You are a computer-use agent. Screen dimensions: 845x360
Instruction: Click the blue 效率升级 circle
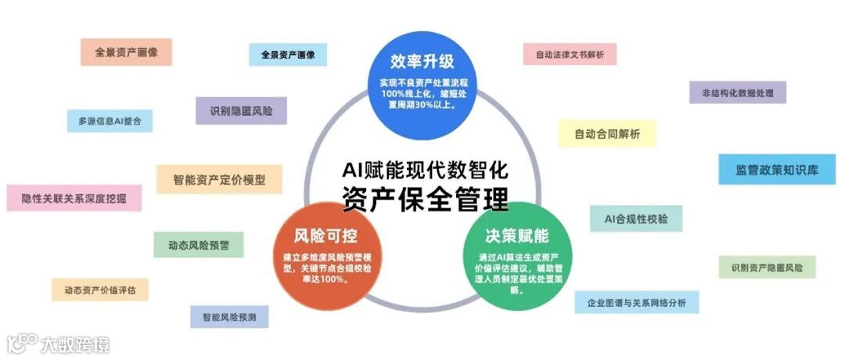coord(422,83)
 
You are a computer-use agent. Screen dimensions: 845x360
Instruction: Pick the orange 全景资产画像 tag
coord(126,52)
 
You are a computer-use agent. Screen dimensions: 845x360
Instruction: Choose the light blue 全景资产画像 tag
coord(288,55)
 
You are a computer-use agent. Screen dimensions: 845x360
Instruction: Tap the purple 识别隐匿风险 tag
coord(241,110)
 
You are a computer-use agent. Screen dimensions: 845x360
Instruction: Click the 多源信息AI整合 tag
coord(110,121)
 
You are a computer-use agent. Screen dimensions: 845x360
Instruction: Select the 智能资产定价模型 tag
coord(219,179)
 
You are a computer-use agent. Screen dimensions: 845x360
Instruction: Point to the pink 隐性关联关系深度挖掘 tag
coord(74,198)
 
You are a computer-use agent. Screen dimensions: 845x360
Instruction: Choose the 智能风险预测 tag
coord(229,317)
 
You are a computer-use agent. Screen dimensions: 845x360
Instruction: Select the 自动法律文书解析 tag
coord(570,54)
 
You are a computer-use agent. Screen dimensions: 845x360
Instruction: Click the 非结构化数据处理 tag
coord(737,92)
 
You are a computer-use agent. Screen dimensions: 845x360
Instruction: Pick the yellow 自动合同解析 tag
coord(606,134)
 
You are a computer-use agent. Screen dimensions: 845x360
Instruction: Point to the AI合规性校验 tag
coord(636,218)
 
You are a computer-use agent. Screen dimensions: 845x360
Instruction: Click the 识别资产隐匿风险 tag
coord(767,267)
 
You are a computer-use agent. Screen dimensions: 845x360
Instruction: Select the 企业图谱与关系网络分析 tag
coord(636,302)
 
